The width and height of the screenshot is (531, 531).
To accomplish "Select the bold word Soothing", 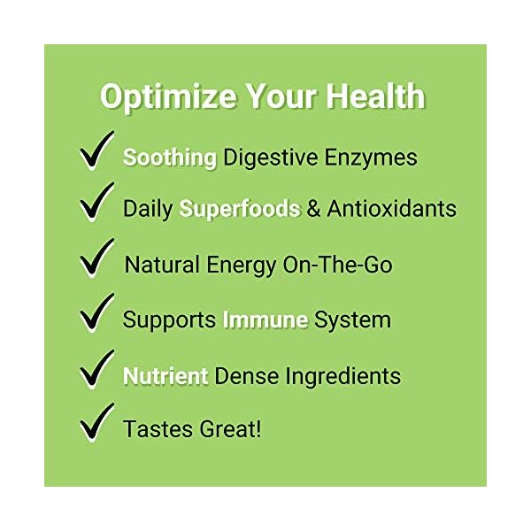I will (x=170, y=158).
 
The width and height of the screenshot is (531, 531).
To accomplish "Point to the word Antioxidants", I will (x=392, y=209).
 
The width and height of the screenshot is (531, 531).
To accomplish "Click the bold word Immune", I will (x=265, y=319).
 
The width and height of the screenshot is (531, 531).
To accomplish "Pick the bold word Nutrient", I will (x=165, y=375).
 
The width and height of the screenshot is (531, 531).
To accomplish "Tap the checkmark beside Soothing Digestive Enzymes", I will (x=96, y=151).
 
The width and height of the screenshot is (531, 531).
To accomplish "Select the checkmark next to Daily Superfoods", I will (x=96, y=204).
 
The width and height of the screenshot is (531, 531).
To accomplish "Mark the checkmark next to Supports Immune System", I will (x=96, y=313).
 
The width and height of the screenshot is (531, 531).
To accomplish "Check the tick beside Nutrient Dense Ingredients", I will (x=96, y=369).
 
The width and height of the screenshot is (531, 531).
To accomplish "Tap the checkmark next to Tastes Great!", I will (x=96, y=423).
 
